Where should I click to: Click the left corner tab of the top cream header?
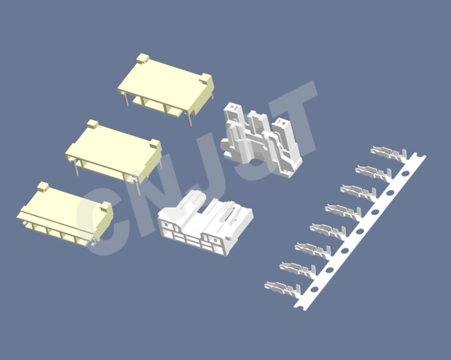tap(142, 58)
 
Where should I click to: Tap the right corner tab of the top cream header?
tap(206, 78)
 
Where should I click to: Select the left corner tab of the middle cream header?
tap(92, 124)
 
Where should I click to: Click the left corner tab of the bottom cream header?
tap(43, 186)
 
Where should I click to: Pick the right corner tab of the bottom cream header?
tap(106, 206)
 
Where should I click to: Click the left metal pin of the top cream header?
tap(127, 100)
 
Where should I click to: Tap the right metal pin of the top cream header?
tap(189, 119)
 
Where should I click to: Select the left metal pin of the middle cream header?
tap(76, 168)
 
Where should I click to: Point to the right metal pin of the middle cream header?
tap(137, 187)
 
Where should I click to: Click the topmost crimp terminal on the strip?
tap(388, 153)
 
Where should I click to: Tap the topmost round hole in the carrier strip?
tap(405, 173)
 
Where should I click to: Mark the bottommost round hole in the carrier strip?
tap(315, 289)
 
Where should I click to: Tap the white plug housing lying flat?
tap(205, 222)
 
